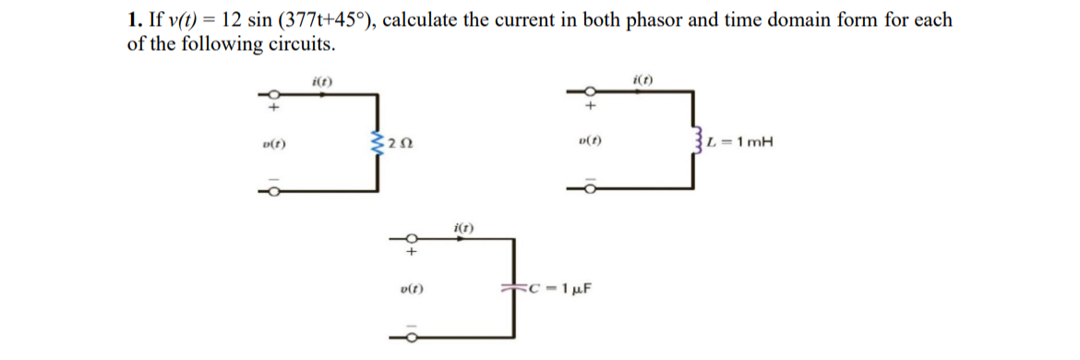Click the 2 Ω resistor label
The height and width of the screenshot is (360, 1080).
399,143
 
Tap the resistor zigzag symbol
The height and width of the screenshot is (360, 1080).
375,143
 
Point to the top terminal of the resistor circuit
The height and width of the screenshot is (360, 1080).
271,94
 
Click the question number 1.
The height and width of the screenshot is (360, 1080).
132,19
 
